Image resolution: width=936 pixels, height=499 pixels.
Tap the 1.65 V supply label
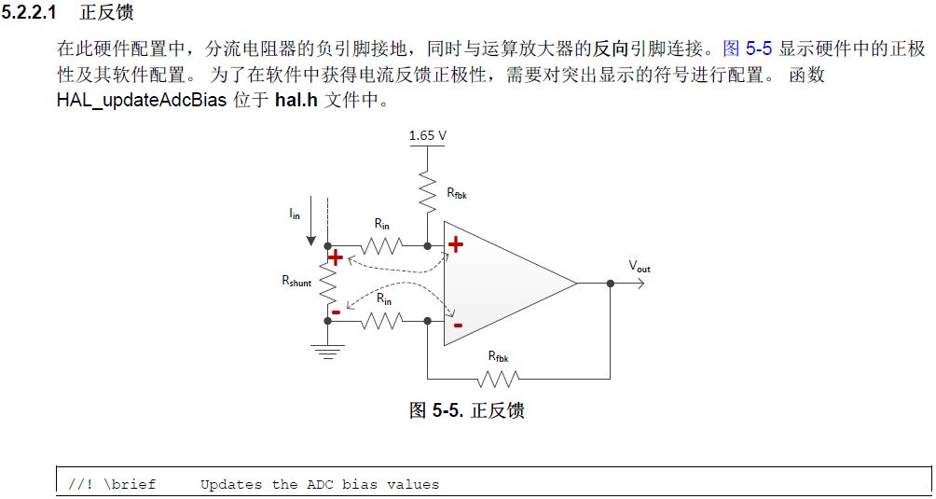[427, 136]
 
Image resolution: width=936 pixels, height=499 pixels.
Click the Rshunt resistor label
[296, 282]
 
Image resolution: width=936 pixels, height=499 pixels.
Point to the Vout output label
[640, 267]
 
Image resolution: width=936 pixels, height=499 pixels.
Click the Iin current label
[295, 214]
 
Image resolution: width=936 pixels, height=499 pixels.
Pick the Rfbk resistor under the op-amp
[497, 379]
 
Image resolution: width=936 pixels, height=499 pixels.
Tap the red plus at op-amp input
[455, 244]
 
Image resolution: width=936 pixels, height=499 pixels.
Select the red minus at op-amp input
[457, 326]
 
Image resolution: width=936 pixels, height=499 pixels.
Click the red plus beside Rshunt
[335, 258]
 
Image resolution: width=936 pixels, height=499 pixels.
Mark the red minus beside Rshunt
[336, 312]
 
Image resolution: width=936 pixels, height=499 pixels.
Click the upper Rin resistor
[382, 246]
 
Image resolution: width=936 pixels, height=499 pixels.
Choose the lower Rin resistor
[382, 321]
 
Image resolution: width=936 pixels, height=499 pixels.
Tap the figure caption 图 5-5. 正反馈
[466, 410]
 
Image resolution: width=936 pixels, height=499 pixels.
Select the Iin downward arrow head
[310, 240]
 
